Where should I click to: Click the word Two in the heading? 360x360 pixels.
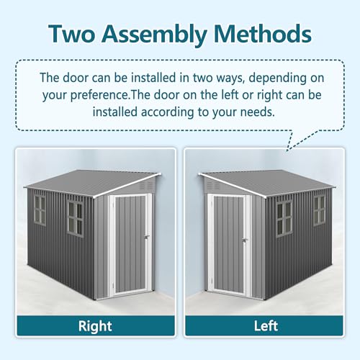point(72,34)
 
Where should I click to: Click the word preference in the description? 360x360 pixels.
point(99,95)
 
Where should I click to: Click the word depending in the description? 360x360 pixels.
point(276,78)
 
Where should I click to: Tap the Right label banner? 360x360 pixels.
point(96,325)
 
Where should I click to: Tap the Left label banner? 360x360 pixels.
point(264,325)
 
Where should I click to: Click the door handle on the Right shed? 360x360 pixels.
point(147,237)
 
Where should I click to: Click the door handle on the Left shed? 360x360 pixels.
point(244,240)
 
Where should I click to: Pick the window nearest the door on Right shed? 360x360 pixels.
point(75,218)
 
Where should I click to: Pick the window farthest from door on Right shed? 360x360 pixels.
point(40,210)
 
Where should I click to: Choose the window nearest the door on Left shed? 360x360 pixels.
point(284,219)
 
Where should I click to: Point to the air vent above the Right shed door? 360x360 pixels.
point(147,185)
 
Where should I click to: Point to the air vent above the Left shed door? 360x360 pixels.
point(213,185)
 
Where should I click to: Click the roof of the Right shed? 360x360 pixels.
point(92,183)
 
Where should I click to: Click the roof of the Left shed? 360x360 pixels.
point(267,183)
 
